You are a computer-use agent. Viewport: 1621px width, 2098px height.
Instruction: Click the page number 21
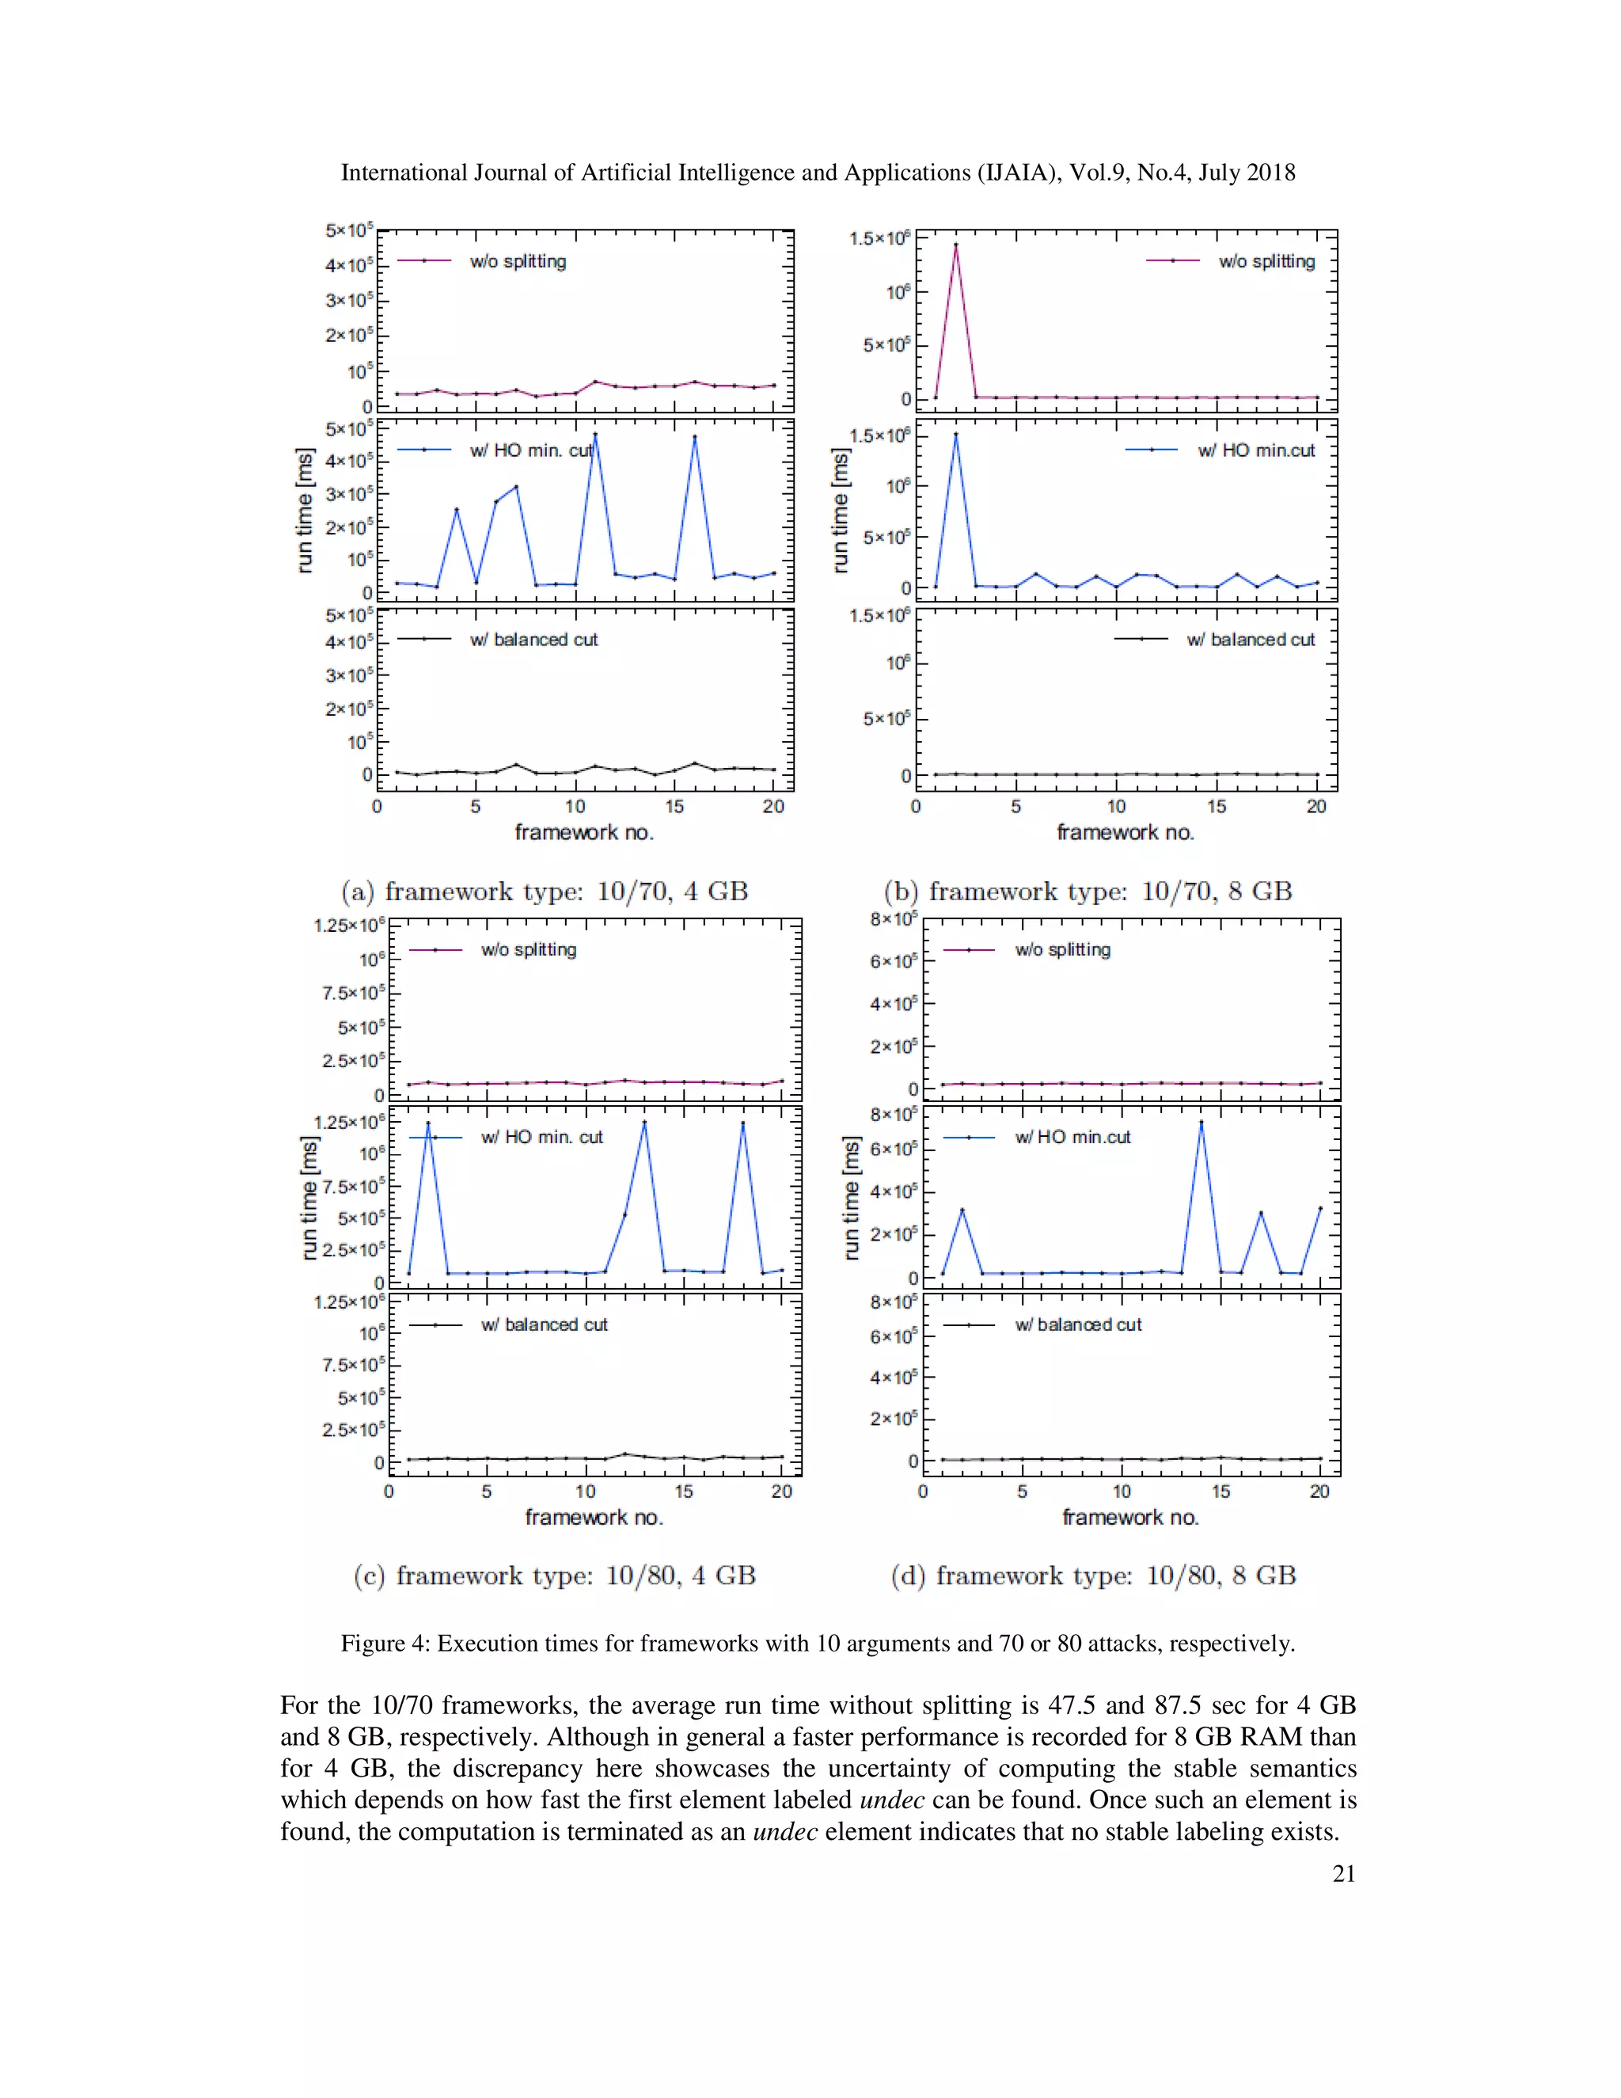tap(1343, 1873)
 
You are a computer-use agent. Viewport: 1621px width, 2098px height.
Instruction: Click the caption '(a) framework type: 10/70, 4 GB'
tap(545, 891)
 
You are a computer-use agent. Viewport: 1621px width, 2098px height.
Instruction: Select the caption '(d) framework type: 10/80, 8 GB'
tap(1093, 1575)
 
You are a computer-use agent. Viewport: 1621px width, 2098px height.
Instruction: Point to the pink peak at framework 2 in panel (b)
tap(955, 245)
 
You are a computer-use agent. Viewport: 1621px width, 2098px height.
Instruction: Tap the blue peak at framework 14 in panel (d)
tap(1201, 1122)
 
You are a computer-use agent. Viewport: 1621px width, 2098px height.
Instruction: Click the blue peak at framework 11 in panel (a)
tap(595, 434)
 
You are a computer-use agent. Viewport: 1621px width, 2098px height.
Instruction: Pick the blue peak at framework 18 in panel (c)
tap(742, 1123)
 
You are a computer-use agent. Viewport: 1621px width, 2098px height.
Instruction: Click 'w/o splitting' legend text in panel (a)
tap(518, 261)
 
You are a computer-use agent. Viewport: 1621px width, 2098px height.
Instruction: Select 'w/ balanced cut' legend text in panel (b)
tap(1251, 640)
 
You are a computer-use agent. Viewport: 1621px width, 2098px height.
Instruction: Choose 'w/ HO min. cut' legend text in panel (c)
tap(541, 1138)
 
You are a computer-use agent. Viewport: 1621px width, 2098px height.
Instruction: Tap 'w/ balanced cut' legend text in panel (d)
tap(1079, 1325)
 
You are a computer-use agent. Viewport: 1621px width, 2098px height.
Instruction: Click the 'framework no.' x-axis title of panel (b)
tap(1126, 833)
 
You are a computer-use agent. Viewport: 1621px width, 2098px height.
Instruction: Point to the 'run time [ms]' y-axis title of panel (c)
tap(308, 1198)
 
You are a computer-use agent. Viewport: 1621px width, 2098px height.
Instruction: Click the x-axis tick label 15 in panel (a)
tap(674, 807)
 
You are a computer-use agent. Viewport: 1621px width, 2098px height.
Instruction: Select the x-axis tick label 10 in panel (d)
tap(1122, 1492)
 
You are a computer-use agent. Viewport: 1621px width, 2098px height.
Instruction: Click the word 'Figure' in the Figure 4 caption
tap(372, 1644)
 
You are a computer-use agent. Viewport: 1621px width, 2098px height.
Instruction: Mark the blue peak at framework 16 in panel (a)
tap(694, 437)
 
